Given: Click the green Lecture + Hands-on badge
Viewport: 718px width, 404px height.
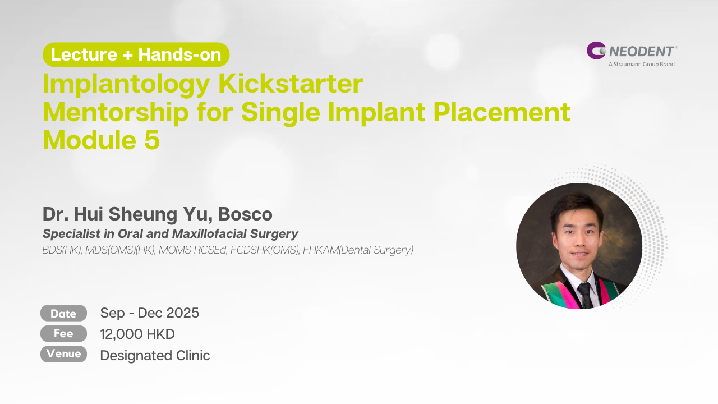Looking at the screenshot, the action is click(x=136, y=54).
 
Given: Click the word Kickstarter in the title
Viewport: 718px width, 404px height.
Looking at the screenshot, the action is click(x=291, y=84).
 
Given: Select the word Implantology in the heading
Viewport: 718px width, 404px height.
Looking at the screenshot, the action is click(x=126, y=85).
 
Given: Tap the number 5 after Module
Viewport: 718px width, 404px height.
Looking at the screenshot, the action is click(x=152, y=140).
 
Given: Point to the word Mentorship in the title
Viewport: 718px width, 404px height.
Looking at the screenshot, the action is click(x=116, y=113).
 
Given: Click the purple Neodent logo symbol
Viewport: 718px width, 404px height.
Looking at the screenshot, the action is click(x=596, y=50).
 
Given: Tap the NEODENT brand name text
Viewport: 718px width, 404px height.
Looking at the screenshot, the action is click(x=642, y=51).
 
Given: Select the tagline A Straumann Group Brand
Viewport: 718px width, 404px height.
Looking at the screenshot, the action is click(x=641, y=64).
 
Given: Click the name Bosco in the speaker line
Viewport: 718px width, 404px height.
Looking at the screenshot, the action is click(x=245, y=214).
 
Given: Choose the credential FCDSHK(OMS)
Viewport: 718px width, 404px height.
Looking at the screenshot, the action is click(x=265, y=250).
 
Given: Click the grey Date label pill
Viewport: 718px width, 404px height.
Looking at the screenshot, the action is click(x=63, y=313).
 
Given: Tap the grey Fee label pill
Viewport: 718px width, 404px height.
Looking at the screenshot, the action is click(x=63, y=333).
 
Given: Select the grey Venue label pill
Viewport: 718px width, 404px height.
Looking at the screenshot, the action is click(x=63, y=354).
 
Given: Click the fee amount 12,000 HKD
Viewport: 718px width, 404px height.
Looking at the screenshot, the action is click(x=137, y=334).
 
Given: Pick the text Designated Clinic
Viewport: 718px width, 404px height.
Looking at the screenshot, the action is click(x=155, y=356).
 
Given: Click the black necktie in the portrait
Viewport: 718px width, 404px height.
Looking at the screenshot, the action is click(x=586, y=296).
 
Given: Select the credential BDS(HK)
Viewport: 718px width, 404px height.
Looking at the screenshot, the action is click(x=62, y=250).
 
